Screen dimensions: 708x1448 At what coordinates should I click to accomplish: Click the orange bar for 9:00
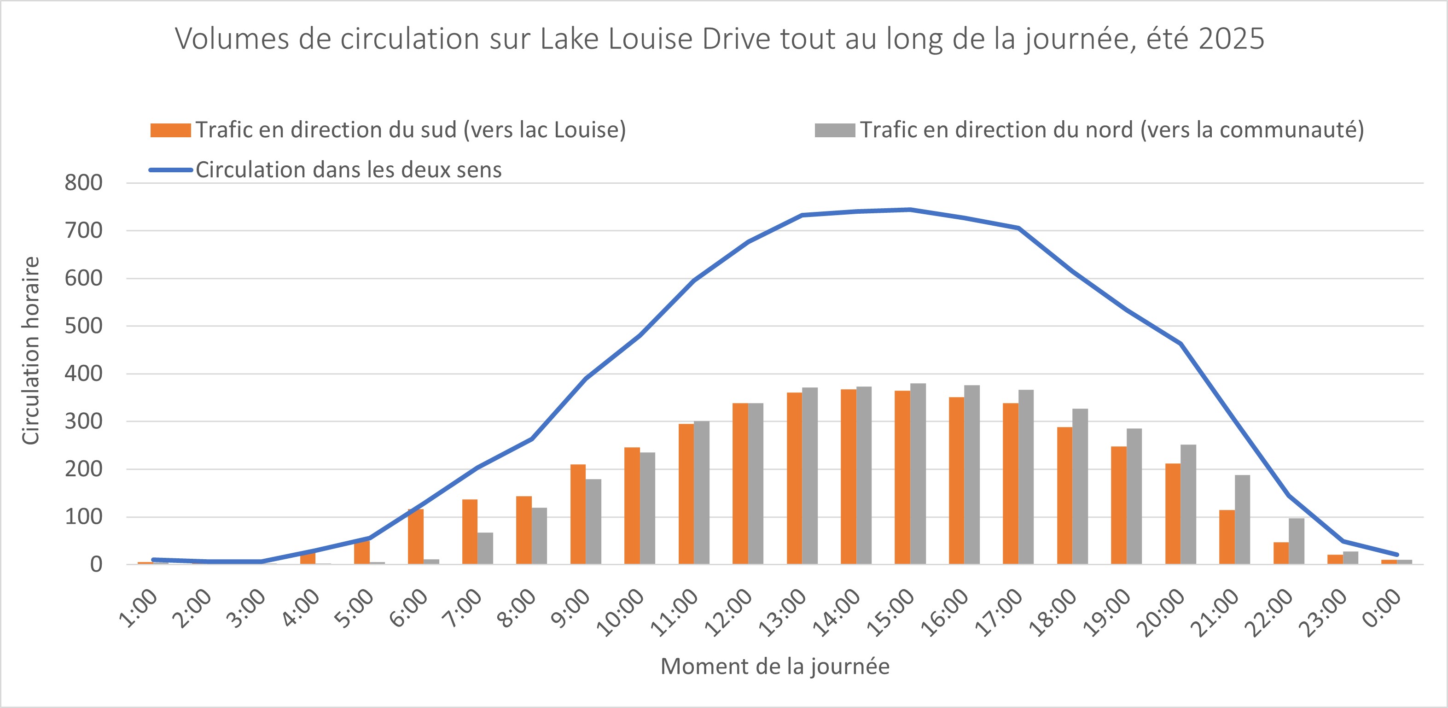click(x=578, y=514)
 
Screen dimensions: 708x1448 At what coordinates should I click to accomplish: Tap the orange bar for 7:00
click(x=470, y=532)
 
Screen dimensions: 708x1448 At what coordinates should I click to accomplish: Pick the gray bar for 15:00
click(x=918, y=474)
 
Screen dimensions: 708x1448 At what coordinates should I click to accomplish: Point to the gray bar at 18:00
click(x=1080, y=486)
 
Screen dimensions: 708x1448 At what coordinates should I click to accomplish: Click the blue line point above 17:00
click(x=1018, y=228)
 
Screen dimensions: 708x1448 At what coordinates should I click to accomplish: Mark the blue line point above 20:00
click(x=1180, y=344)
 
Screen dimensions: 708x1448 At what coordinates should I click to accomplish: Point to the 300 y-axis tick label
click(x=83, y=421)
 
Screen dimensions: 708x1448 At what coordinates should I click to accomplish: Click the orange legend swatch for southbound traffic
click(x=170, y=130)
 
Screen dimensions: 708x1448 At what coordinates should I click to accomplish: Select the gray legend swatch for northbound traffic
click(x=835, y=130)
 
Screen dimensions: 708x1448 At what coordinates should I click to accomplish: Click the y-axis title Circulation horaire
click(x=30, y=351)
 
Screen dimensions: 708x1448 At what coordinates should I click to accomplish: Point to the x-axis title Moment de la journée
click(x=774, y=667)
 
